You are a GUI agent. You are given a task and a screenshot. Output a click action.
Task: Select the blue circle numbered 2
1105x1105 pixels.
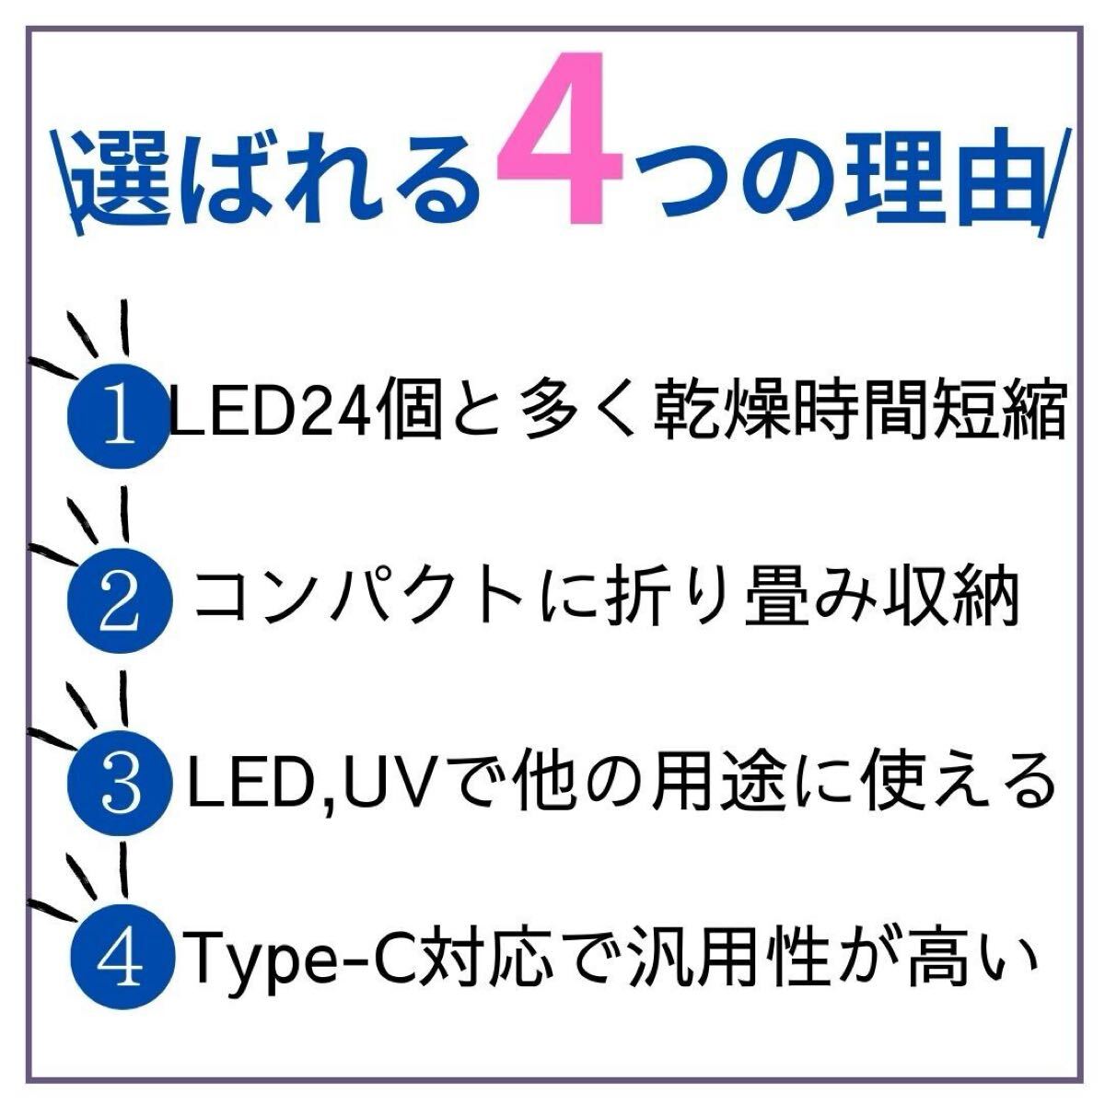click(121, 600)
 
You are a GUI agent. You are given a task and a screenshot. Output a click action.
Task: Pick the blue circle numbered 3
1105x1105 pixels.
click(121, 783)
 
